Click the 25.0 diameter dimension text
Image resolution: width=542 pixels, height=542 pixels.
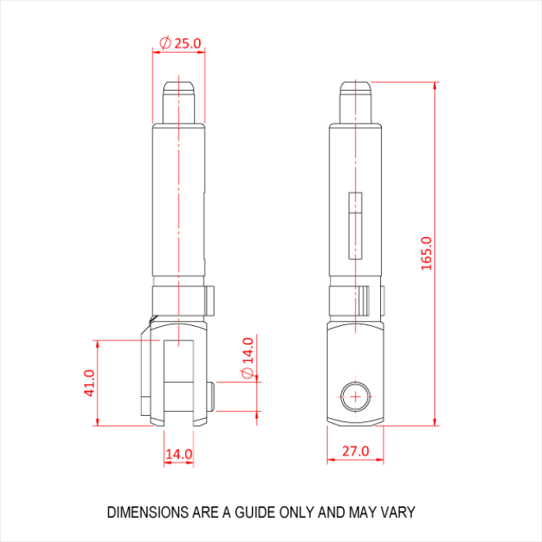click(x=187, y=43)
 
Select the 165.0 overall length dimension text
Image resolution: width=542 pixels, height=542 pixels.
click(x=427, y=252)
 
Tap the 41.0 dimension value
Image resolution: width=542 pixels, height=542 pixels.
click(x=89, y=382)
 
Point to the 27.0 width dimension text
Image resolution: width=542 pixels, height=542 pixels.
click(x=355, y=451)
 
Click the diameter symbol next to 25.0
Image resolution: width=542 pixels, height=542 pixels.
click(x=164, y=43)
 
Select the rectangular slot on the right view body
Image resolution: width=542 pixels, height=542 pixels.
click(x=355, y=225)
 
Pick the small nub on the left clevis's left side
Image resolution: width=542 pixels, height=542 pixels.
click(x=145, y=405)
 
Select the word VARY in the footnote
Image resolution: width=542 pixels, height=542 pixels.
click(x=400, y=513)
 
